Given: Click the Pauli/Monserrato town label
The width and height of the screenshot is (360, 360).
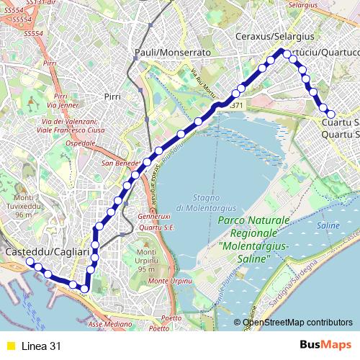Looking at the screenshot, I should (x=172, y=53).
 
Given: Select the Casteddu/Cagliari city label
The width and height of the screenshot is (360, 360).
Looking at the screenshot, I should (x=47, y=253).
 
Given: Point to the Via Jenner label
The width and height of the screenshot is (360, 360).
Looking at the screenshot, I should (x=62, y=104).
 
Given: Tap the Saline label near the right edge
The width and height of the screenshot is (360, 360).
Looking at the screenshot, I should (x=328, y=225).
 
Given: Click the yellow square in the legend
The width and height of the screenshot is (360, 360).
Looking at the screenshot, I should (x=10, y=346).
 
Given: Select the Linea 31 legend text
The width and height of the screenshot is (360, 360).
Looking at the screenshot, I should (x=41, y=346).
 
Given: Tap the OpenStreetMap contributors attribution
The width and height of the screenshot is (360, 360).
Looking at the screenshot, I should (x=297, y=323).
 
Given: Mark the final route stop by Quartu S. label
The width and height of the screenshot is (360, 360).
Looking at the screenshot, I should (x=331, y=114).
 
